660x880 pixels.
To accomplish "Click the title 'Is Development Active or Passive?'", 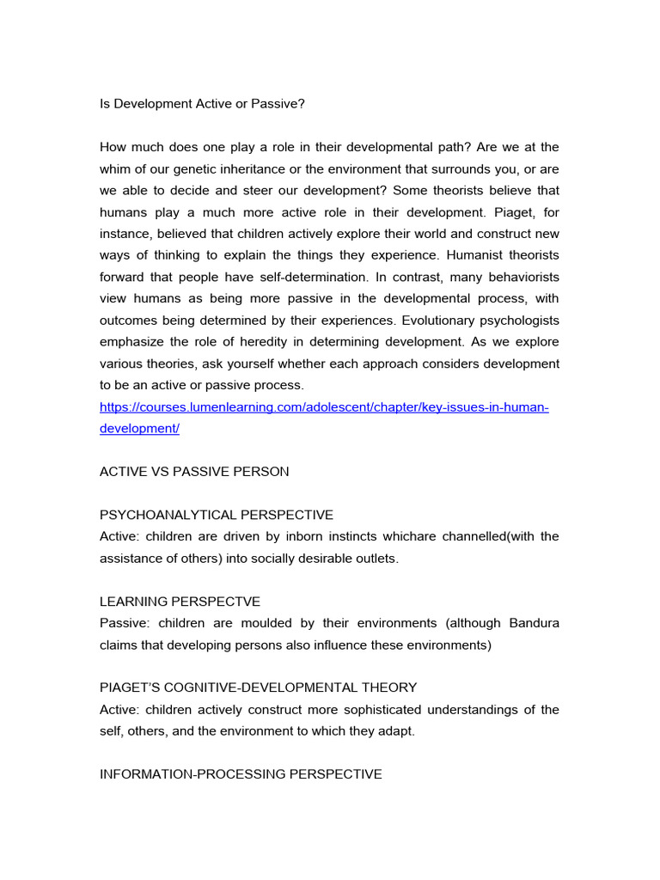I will pos(202,104).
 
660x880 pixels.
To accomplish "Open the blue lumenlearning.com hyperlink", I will pos(324,406).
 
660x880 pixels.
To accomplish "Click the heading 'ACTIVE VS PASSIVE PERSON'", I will pos(194,472).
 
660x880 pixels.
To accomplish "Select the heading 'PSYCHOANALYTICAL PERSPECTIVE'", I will pos(217,515).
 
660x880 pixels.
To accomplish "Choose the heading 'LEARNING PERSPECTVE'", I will pos(180,602).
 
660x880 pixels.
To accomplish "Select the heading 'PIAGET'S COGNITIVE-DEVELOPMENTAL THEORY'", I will pos(259,687).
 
